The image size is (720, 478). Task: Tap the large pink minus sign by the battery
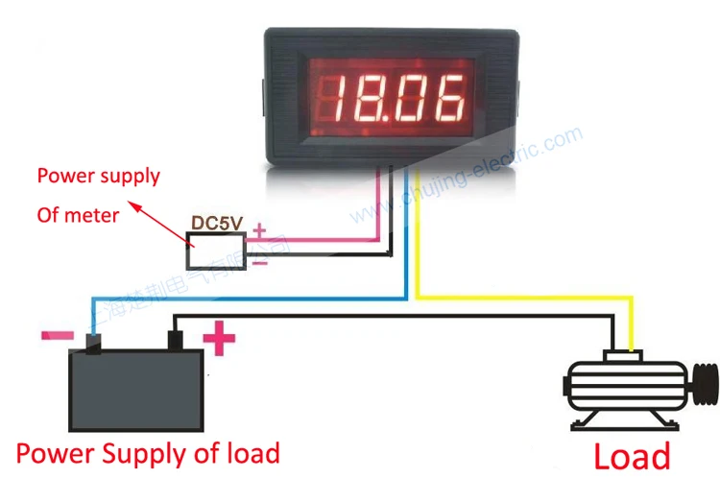(58, 336)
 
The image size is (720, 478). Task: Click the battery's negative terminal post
(93, 343)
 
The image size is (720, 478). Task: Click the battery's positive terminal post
(176, 340)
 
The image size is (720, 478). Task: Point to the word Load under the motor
(632, 455)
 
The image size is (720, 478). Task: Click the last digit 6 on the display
(451, 95)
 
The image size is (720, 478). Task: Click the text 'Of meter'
(78, 215)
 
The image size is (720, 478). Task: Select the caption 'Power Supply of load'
(148, 452)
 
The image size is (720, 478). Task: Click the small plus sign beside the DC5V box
(258, 230)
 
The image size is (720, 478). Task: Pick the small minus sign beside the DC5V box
(258, 261)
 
